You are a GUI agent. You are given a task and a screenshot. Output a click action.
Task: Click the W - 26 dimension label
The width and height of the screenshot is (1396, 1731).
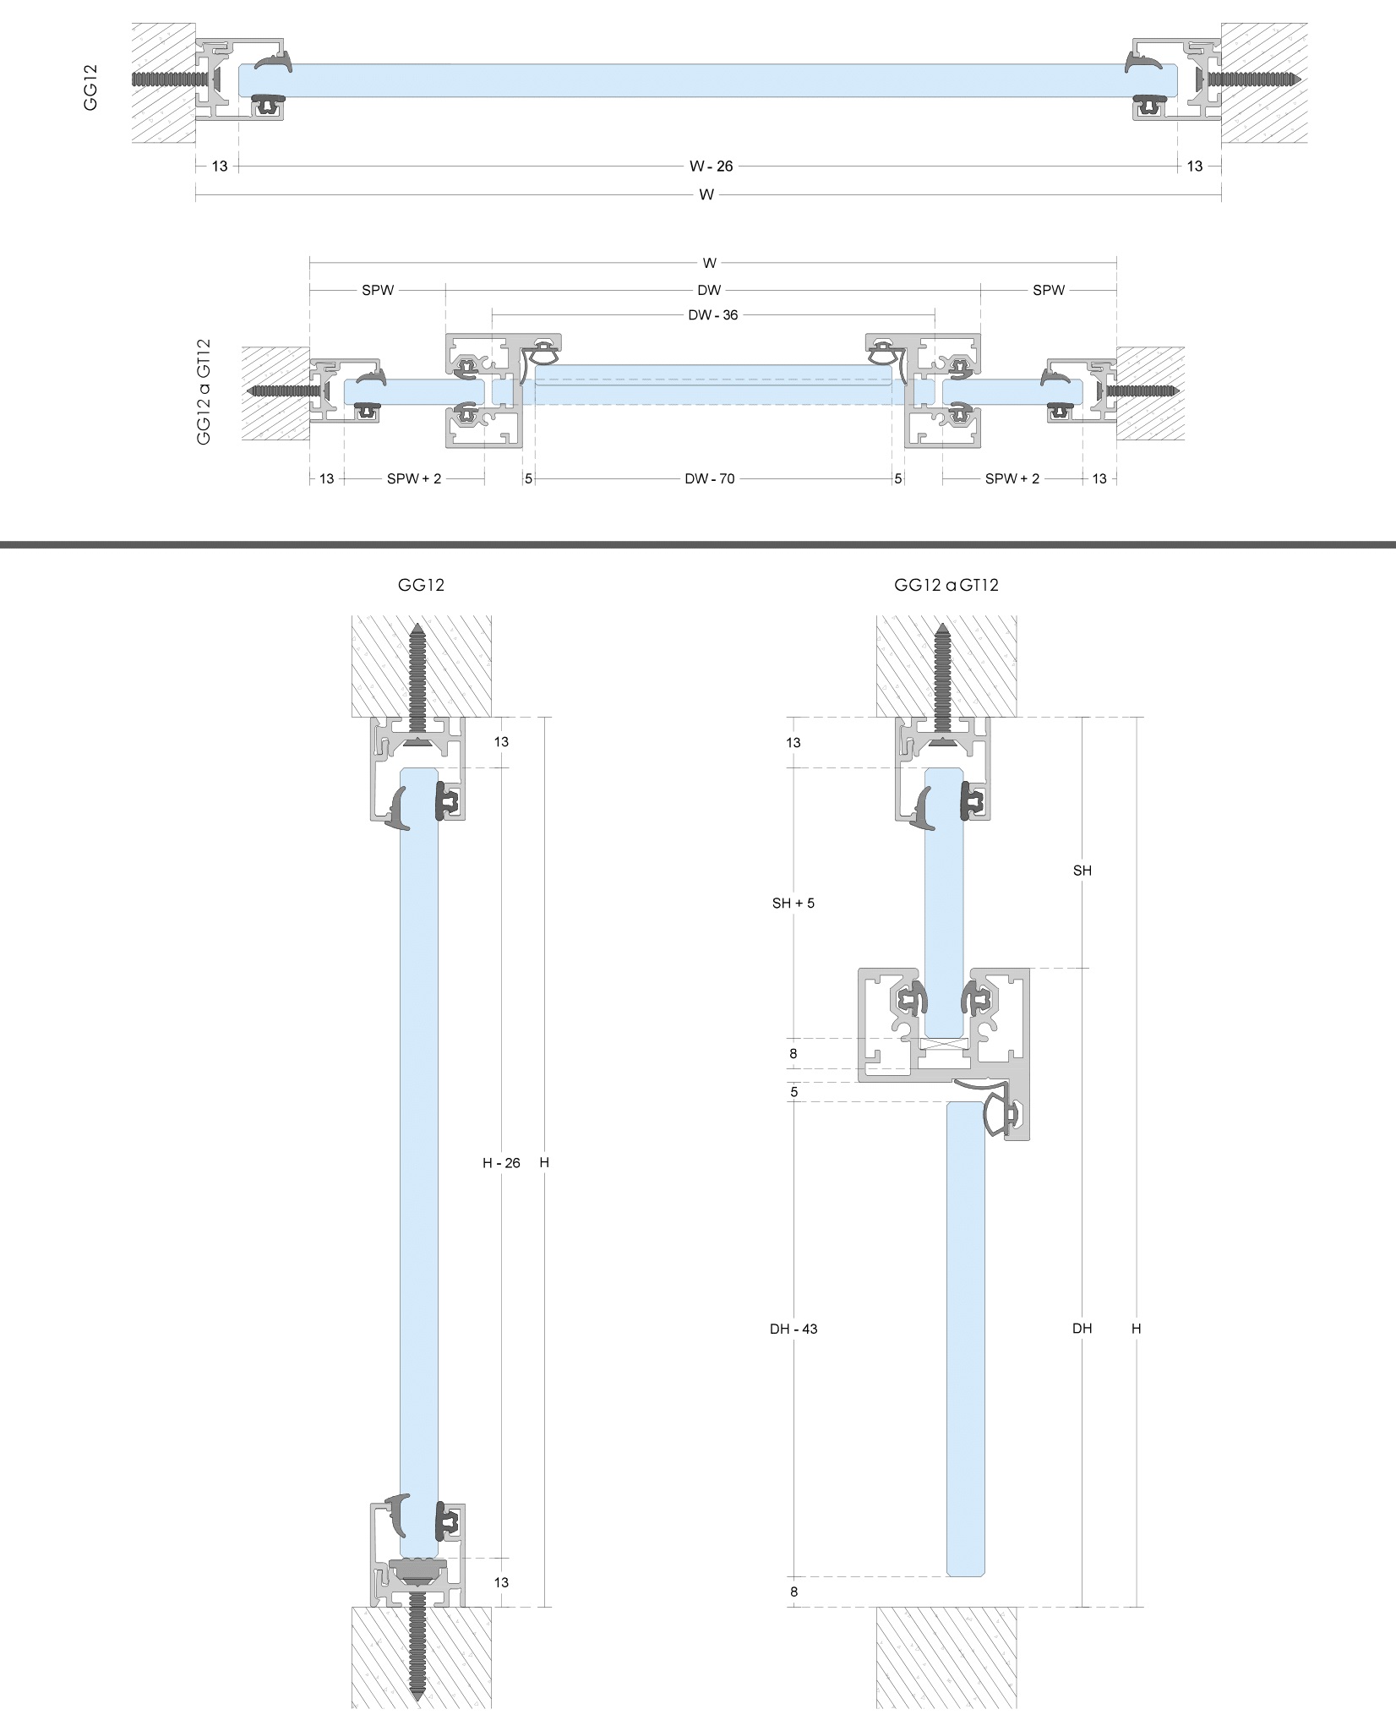coord(712,167)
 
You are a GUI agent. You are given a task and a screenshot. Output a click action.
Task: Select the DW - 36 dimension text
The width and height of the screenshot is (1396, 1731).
coord(712,315)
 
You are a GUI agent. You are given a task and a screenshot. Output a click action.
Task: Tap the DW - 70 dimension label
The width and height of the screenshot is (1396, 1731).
coord(709,479)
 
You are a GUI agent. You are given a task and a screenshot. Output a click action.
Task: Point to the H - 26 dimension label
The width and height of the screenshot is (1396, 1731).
coord(501,1163)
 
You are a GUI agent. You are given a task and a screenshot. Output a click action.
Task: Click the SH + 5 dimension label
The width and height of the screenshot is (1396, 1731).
coord(793,903)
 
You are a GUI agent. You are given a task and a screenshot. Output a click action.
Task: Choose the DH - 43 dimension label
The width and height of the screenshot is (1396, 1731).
coord(793,1329)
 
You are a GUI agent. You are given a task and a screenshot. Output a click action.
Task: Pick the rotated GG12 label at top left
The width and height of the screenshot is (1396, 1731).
coord(91,88)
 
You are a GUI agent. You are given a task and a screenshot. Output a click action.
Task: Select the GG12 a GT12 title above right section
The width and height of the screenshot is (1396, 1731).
coord(946,585)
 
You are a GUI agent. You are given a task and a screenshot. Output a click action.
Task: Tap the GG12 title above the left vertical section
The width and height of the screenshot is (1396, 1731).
coord(421,585)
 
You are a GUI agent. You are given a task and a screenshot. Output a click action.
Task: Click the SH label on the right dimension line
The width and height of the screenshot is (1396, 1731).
coord(1082,871)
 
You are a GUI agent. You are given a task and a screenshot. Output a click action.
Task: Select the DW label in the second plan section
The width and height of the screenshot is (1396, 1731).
coord(709,290)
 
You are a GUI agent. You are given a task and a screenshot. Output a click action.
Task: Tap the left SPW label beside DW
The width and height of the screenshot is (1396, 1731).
coord(378,290)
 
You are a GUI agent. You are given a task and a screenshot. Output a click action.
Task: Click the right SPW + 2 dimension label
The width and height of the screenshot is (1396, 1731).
coord(1012,479)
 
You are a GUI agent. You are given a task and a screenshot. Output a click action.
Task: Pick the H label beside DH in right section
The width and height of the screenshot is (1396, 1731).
coord(1136,1329)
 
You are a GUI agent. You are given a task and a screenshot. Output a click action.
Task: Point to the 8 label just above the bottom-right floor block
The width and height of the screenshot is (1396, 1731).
coord(793,1592)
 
